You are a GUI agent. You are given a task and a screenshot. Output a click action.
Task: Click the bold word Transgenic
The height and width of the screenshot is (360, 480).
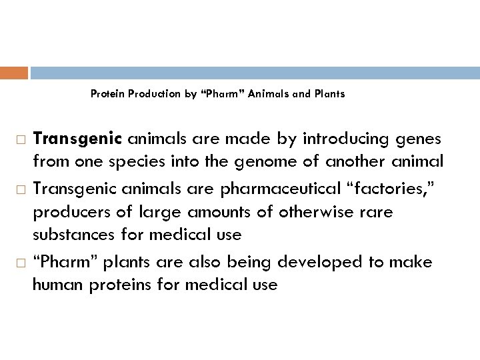pos(77,139)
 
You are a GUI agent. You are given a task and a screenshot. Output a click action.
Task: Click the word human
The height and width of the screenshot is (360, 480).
pos(55,285)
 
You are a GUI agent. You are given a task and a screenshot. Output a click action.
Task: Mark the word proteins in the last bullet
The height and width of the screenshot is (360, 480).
pos(117,285)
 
